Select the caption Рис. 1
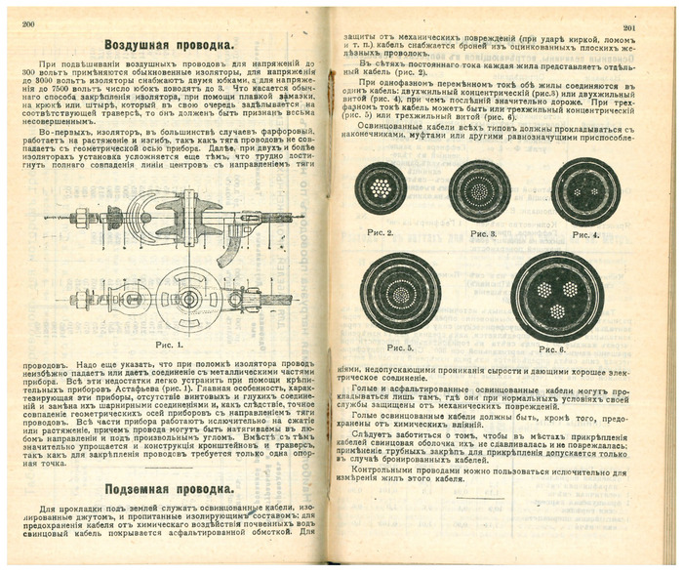coord(168,346)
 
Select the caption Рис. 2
coord(377,233)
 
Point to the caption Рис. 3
coord(482,234)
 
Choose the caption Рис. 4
coord(585,234)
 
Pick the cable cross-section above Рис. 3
coord(479,189)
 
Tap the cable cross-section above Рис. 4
coord(585,191)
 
